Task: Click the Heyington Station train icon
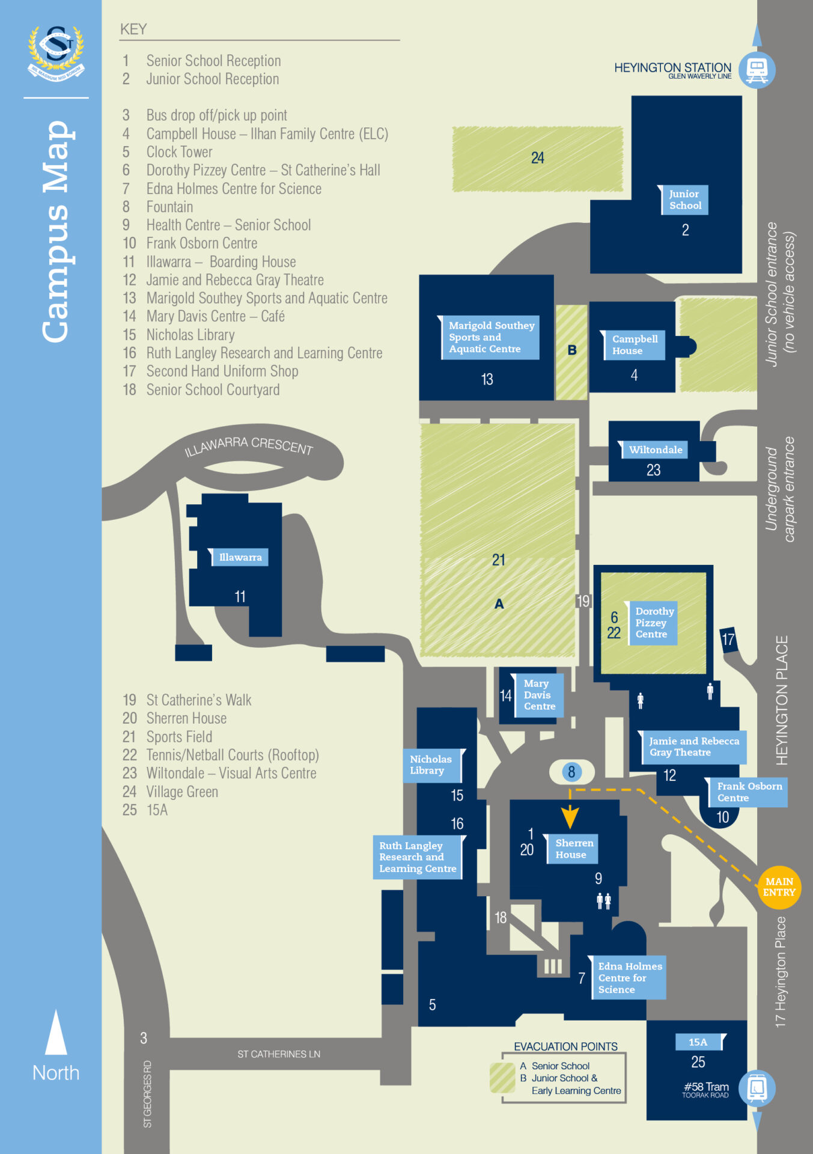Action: (757, 70)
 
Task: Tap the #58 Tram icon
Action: (757, 1088)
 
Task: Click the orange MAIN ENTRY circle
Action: (779, 887)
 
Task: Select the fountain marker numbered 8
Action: (571, 772)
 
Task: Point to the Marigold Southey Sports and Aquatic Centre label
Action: (490, 337)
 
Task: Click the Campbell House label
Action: (634, 345)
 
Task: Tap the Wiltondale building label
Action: (654, 450)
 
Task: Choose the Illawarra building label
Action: (240, 557)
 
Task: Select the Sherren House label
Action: (573, 849)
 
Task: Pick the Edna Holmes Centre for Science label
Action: (629, 977)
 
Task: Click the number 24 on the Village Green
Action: (537, 158)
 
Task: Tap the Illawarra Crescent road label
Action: (249, 446)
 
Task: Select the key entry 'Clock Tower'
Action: (179, 152)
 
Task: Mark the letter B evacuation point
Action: (572, 350)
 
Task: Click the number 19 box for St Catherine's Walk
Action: (583, 601)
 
